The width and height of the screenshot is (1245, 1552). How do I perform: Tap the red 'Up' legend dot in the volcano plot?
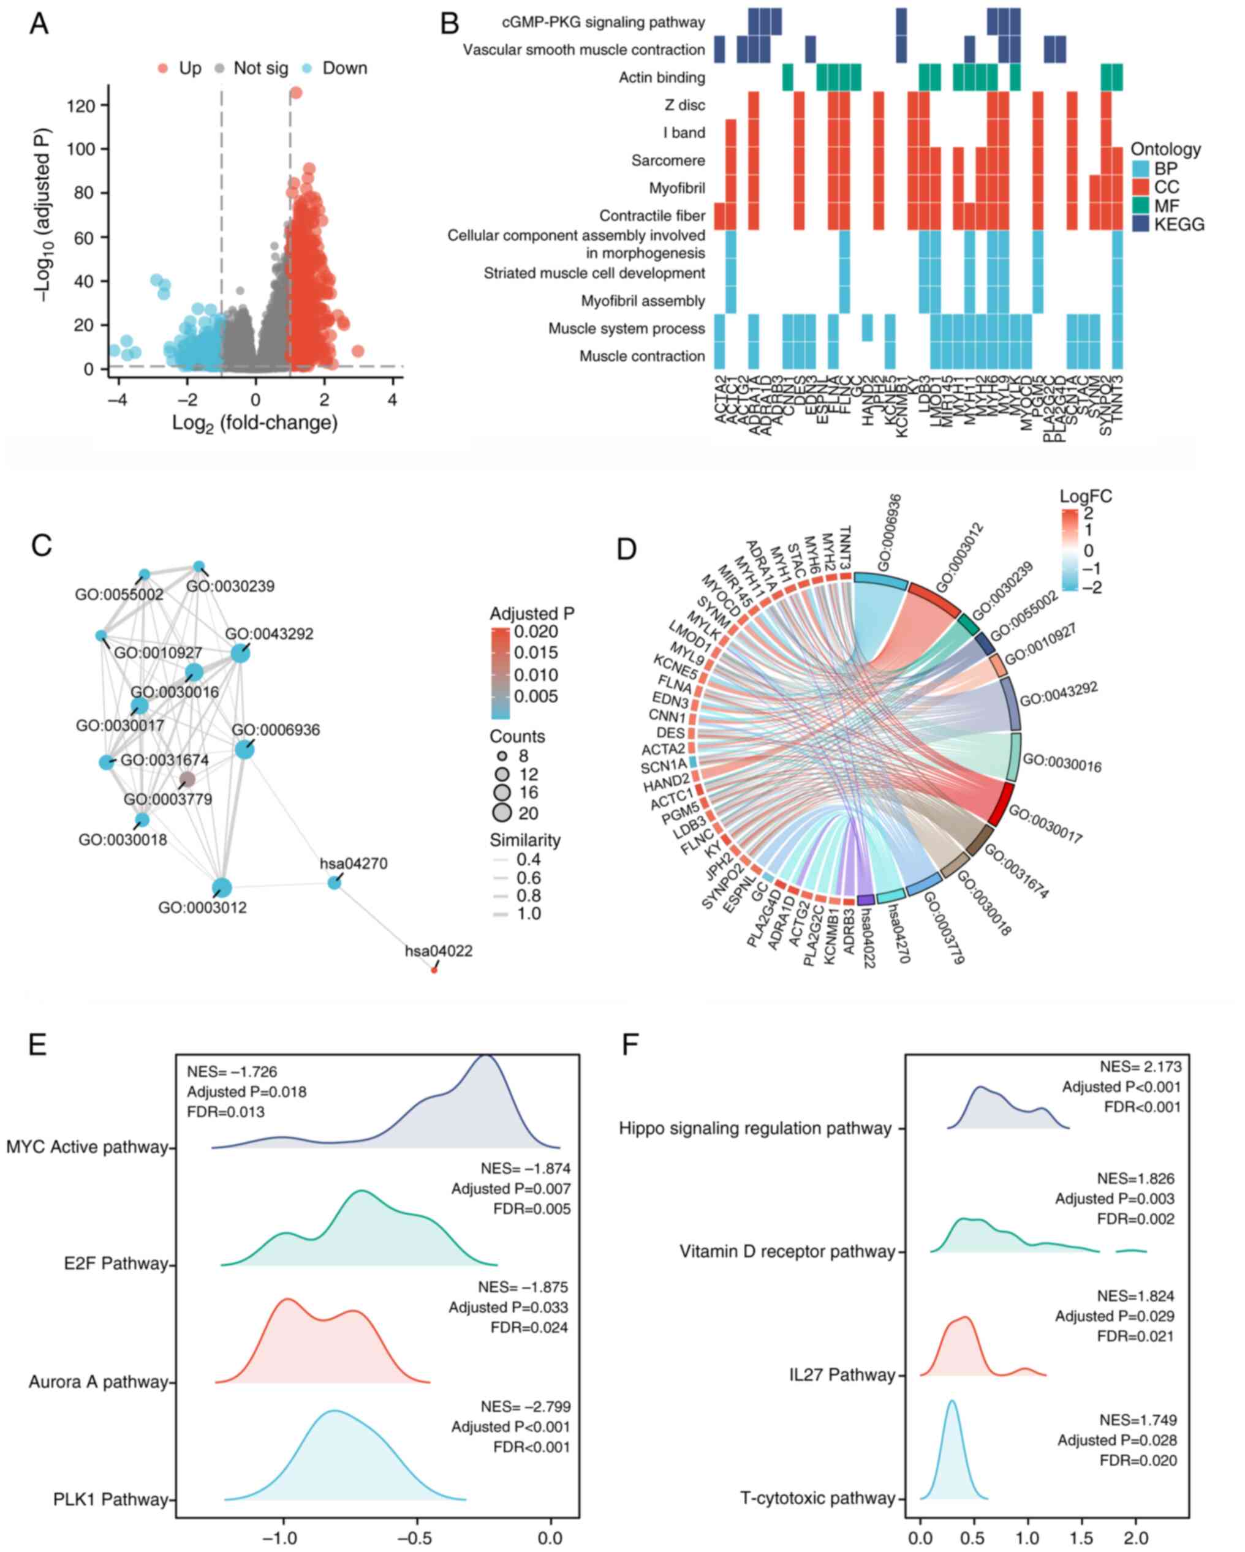(163, 69)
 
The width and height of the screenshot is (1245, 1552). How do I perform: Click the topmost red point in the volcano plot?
(295, 93)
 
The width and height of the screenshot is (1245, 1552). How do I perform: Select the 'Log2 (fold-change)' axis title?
(255, 422)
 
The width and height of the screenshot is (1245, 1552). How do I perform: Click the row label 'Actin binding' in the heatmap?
(662, 78)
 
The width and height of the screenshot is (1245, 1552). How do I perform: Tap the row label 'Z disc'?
(685, 105)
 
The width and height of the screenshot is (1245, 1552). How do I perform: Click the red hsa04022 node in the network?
(434, 970)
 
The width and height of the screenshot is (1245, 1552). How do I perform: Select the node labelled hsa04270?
(334, 883)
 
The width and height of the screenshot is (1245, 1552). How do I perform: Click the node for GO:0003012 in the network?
(222, 887)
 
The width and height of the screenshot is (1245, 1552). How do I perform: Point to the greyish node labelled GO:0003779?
(187, 779)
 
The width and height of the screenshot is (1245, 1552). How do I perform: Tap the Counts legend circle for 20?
(502, 813)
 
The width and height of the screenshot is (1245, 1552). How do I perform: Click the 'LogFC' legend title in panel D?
(1085, 496)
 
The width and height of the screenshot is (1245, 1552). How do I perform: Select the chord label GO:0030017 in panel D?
(1045, 824)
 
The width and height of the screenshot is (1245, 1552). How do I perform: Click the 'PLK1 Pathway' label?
(111, 1499)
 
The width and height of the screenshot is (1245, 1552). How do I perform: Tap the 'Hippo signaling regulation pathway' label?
(755, 1128)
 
